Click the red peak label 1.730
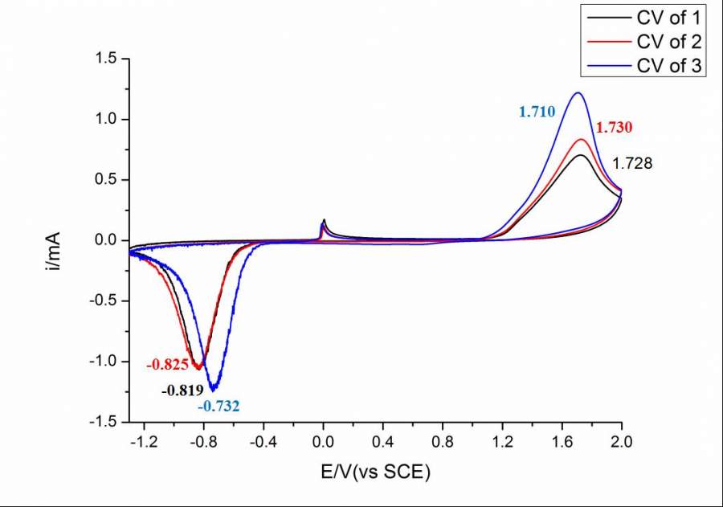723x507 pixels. (615, 128)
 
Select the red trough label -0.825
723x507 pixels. (167, 365)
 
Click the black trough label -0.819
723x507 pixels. (182, 391)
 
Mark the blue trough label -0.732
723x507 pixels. (219, 407)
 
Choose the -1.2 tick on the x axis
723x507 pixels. (143, 441)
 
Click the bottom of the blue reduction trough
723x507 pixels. (214, 390)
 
